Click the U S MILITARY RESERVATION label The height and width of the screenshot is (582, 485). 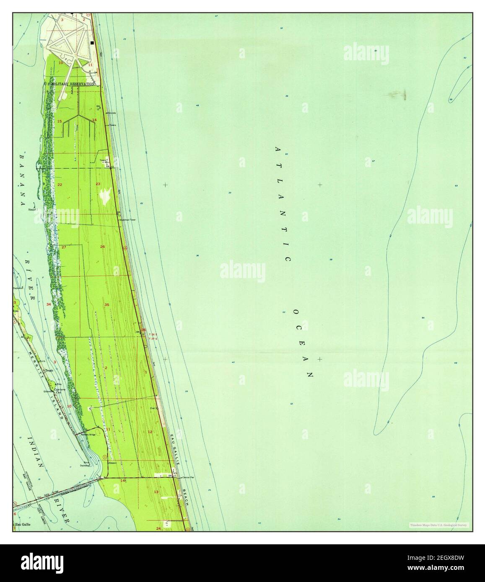pyautogui.click(x=70, y=84)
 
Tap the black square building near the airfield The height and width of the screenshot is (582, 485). pyautogui.click(x=92, y=43)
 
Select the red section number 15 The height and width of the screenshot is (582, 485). pyautogui.click(x=60, y=121)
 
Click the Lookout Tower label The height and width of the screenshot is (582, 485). pyautogui.click(x=128, y=219)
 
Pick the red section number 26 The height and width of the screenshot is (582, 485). pyautogui.click(x=102, y=247)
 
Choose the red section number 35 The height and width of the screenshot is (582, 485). pyautogui.click(x=107, y=305)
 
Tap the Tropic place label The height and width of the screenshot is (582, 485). pyautogui.click(x=50, y=370)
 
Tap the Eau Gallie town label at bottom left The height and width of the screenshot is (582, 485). pyautogui.click(x=23, y=524)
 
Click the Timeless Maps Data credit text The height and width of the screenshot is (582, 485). pyautogui.click(x=439, y=525)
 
